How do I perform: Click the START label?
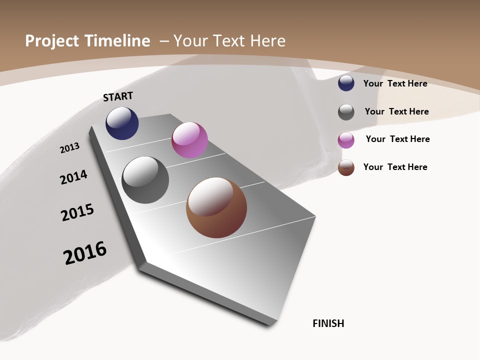pyautogui.click(x=118, y=96)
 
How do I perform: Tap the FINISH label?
pyautogui.click(x=328, y=323)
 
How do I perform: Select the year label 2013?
pyautogui.click(x=69, y=148)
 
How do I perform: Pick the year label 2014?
pyautogui.click(x=73, y=177)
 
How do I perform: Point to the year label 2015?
pyautogui.click(x=77, y=212)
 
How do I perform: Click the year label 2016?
pyautogui.click(x=85, y=253)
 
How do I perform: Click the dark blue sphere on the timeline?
pyautogui.click(x=122, y=123)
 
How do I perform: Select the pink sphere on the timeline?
pyautogui.click(x=189, y=140)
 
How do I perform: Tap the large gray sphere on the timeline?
pyautogui.click(x=145, y=180)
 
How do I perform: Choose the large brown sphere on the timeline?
pyautogui.click(x=216, y=207)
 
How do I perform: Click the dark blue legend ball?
pyautogui.click(x=346, y=83)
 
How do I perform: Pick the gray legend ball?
pyautogui.click(x=346, y=112)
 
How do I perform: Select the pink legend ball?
pyautogui.click(x=346, y=140)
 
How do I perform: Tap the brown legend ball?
pyautogui.click(x=346, y=167)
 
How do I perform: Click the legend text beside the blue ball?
pyautogui.click(x=395, y=83)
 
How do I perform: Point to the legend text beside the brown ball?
pyautogui.click(x=395, y=167)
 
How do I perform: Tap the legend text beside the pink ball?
pyautogui.click(x=397, y=139)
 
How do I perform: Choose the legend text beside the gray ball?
pyautogui.click(x=396, y=111)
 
